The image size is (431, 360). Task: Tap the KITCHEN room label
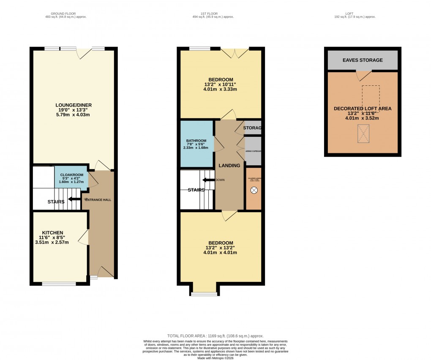coord(52,233)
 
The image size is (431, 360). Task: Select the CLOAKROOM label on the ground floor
coord(71,175)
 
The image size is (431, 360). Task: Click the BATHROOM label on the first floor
coord(196,141)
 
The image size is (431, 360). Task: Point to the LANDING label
coord(229,165)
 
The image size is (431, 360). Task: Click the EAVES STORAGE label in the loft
coord(363,60)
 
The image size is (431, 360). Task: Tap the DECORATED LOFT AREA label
coord(363,109)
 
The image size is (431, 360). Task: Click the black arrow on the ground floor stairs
coord(74,199)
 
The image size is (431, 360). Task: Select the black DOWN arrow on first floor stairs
coord(208,180)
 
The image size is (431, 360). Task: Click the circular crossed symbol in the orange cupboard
coord(254,191)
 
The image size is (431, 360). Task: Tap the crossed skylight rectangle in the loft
coord(363,134)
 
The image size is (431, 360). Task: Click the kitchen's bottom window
coord(59,284)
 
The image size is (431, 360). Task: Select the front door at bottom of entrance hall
coord(105,273)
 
